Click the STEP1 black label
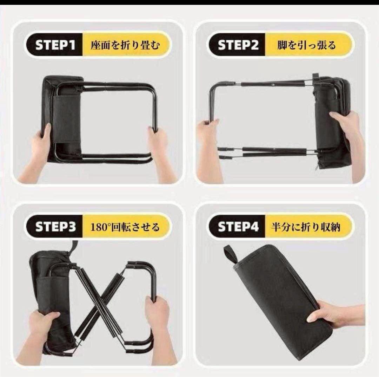click(x=55, y=45)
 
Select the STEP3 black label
click(x=55, y=227)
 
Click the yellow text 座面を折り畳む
click(x=125, y=45)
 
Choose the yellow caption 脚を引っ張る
click(x=306, y=45)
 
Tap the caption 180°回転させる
click(x=125, y=227)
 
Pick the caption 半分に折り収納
click(x=306, y=227)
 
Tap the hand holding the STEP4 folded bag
click(x=336, y=314)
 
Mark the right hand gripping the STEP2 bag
click(x=351, y=140)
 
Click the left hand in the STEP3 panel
click(x=41, y=334)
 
